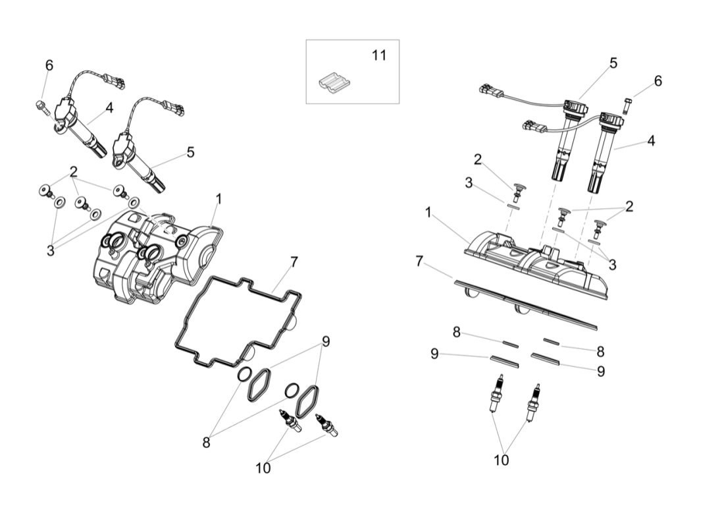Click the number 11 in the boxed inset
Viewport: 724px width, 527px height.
[378, 55]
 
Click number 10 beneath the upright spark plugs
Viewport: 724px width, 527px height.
[502, 460]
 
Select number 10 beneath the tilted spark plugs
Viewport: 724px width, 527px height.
[263, 468]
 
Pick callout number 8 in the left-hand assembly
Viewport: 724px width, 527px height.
[206, 443]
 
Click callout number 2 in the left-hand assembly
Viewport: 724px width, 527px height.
[74, 172]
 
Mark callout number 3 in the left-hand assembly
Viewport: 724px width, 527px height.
[50, 250]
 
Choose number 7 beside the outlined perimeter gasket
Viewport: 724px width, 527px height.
[294, 262]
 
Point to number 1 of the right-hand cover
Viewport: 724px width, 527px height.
[428, 213]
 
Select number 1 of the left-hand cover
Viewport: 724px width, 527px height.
[219, 198]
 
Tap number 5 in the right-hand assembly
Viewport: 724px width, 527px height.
[613, 63]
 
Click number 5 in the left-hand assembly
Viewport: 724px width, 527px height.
[190, 152]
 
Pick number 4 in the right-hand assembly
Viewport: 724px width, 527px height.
[650, 140]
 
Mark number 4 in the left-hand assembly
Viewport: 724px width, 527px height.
[109, 107]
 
